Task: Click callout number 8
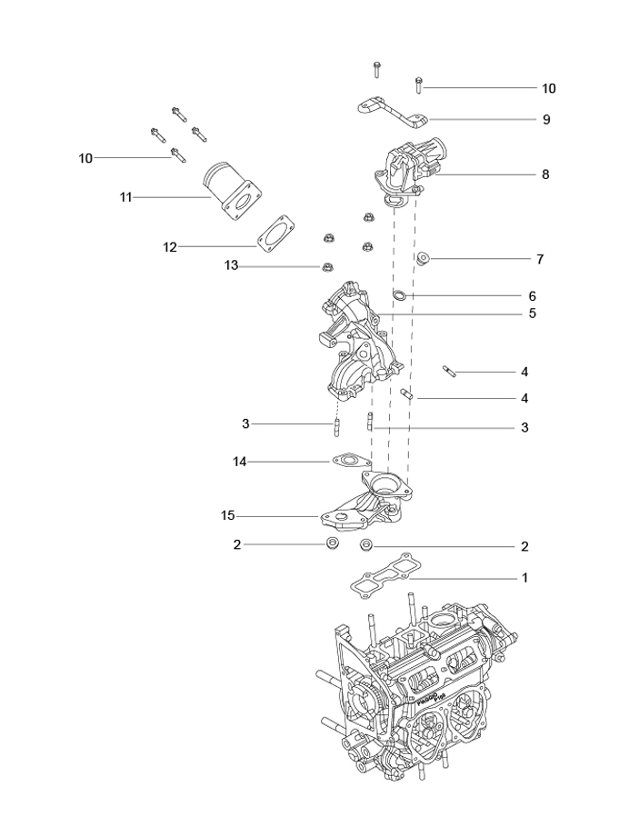point(544,174)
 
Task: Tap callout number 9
point(546,119)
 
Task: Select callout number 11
point(125,198)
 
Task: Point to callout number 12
point(170,247)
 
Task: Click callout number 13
point(231,265)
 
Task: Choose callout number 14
point(239,462)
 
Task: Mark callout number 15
point(227,516)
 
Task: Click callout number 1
point(524,578)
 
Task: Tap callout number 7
point(540,260)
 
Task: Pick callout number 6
point(532,296)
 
